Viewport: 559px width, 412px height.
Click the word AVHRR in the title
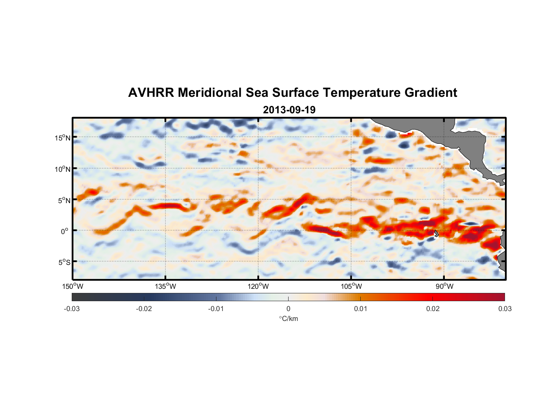(150, 93)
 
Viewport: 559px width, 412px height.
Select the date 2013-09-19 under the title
(289, 110)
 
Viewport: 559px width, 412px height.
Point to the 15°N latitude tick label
(63, 138)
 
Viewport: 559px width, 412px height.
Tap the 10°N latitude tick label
(63, 169)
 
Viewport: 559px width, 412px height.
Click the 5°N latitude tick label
(64, 200)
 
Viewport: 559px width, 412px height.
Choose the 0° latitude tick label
(65, 232)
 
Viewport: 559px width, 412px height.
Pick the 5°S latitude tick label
(64, 262)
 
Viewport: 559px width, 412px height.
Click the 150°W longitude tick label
(73, 286)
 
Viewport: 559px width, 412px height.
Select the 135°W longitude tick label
(165, 286)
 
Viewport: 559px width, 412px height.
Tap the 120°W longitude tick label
(258, 286)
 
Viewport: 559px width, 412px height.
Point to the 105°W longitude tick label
(351, 286)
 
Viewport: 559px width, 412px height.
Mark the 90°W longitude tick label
(444, 286)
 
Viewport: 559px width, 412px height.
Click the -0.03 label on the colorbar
(72, 309)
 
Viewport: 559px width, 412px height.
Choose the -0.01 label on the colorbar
(216, 309)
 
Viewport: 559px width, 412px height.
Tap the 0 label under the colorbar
(288, 309)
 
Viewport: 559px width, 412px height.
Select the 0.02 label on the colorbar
(433, 309)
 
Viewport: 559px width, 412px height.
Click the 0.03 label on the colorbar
(505, 309)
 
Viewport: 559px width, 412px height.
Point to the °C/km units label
(288, 318)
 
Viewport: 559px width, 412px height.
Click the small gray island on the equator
(436, 233)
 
